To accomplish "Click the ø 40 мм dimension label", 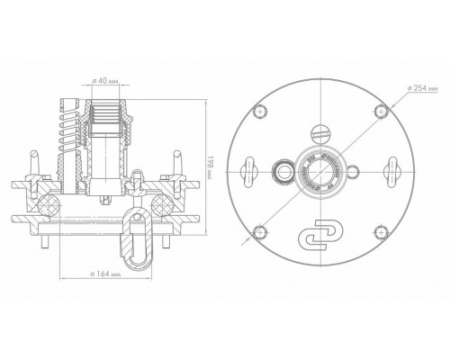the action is (105, 81).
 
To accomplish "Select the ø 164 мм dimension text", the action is (105, 274).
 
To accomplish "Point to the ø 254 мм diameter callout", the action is (423, 88).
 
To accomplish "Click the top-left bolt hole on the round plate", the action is (260, 112).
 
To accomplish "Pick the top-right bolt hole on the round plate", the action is (382, 112).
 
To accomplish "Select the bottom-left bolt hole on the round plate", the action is (260, 233).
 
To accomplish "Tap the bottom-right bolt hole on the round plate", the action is (382, 232).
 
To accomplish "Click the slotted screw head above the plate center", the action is (320, 133).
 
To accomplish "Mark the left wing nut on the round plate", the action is (249, 172).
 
